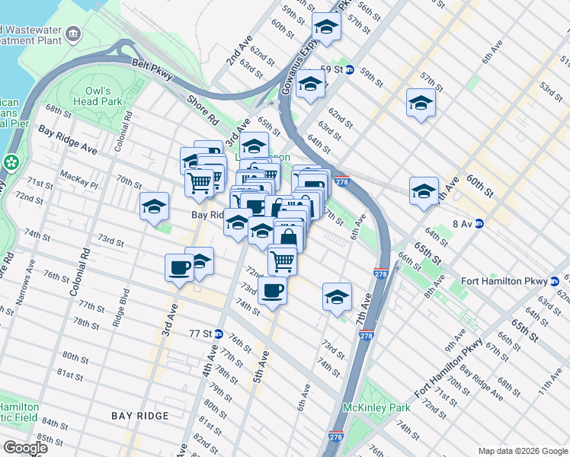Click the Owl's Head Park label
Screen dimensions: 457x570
[98, 95]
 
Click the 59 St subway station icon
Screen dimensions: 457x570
[349, 69]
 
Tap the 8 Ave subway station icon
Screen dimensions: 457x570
[479, 223]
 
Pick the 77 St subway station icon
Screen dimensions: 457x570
[218, 334]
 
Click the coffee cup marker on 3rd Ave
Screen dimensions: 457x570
[180, 268]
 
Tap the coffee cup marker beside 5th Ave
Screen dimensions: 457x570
[273, 289]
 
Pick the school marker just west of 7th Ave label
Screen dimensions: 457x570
[337, 297]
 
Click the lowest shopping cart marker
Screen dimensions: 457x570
[283, 260]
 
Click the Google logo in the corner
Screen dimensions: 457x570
[25, 448]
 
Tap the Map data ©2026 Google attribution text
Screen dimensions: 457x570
[522, 451]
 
